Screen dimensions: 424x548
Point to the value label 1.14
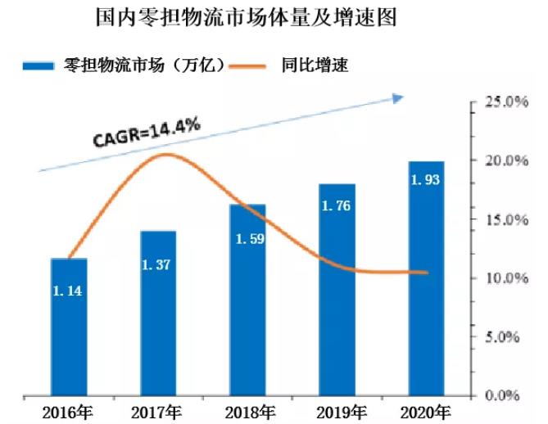point(68,290)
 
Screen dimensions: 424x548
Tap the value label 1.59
point(247,240)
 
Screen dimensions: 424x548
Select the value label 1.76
point(337,206)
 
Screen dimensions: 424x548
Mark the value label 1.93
point(426,179)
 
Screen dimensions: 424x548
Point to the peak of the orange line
point(166,154)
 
